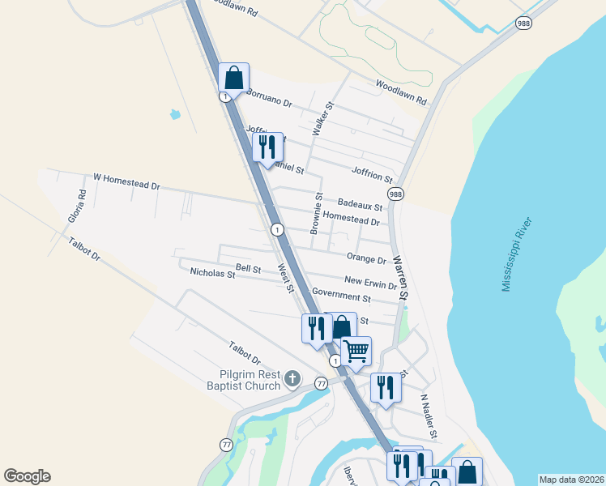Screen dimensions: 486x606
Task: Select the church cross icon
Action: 292,378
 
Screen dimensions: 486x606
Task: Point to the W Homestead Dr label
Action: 126,181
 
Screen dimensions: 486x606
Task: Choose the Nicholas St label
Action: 212,275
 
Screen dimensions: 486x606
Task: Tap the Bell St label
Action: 248,268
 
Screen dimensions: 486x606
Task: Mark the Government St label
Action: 340,294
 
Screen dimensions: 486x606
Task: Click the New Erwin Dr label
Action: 370,282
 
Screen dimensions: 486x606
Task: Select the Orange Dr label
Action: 366,259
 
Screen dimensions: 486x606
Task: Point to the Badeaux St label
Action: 360,206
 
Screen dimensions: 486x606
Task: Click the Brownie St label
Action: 318,210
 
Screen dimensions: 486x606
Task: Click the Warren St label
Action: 400,279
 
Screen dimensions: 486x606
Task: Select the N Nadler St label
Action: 429,416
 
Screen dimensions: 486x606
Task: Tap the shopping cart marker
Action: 356,352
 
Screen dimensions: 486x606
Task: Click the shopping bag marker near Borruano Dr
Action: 233,79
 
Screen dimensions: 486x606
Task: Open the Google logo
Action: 27,476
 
